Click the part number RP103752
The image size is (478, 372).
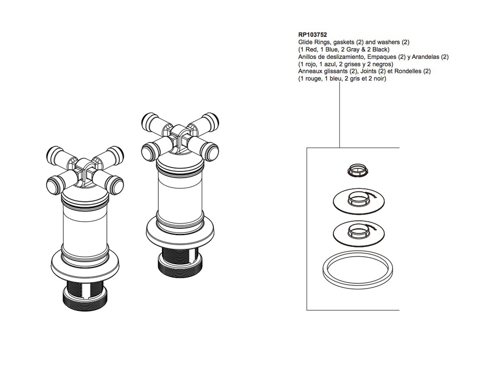coord(312,35)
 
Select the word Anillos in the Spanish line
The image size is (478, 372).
coord(307,57)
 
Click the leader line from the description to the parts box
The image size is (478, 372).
coord(340,114)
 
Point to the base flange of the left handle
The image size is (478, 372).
coord(85,265)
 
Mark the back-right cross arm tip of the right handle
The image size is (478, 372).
coord(211,119)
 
